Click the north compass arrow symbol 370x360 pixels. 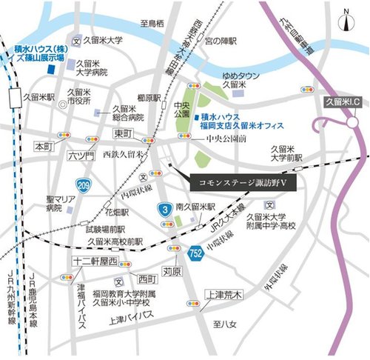[x=347, y=15]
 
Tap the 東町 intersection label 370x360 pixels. [x=121, y=133]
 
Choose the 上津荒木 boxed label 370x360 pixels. [x=223, y=295]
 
